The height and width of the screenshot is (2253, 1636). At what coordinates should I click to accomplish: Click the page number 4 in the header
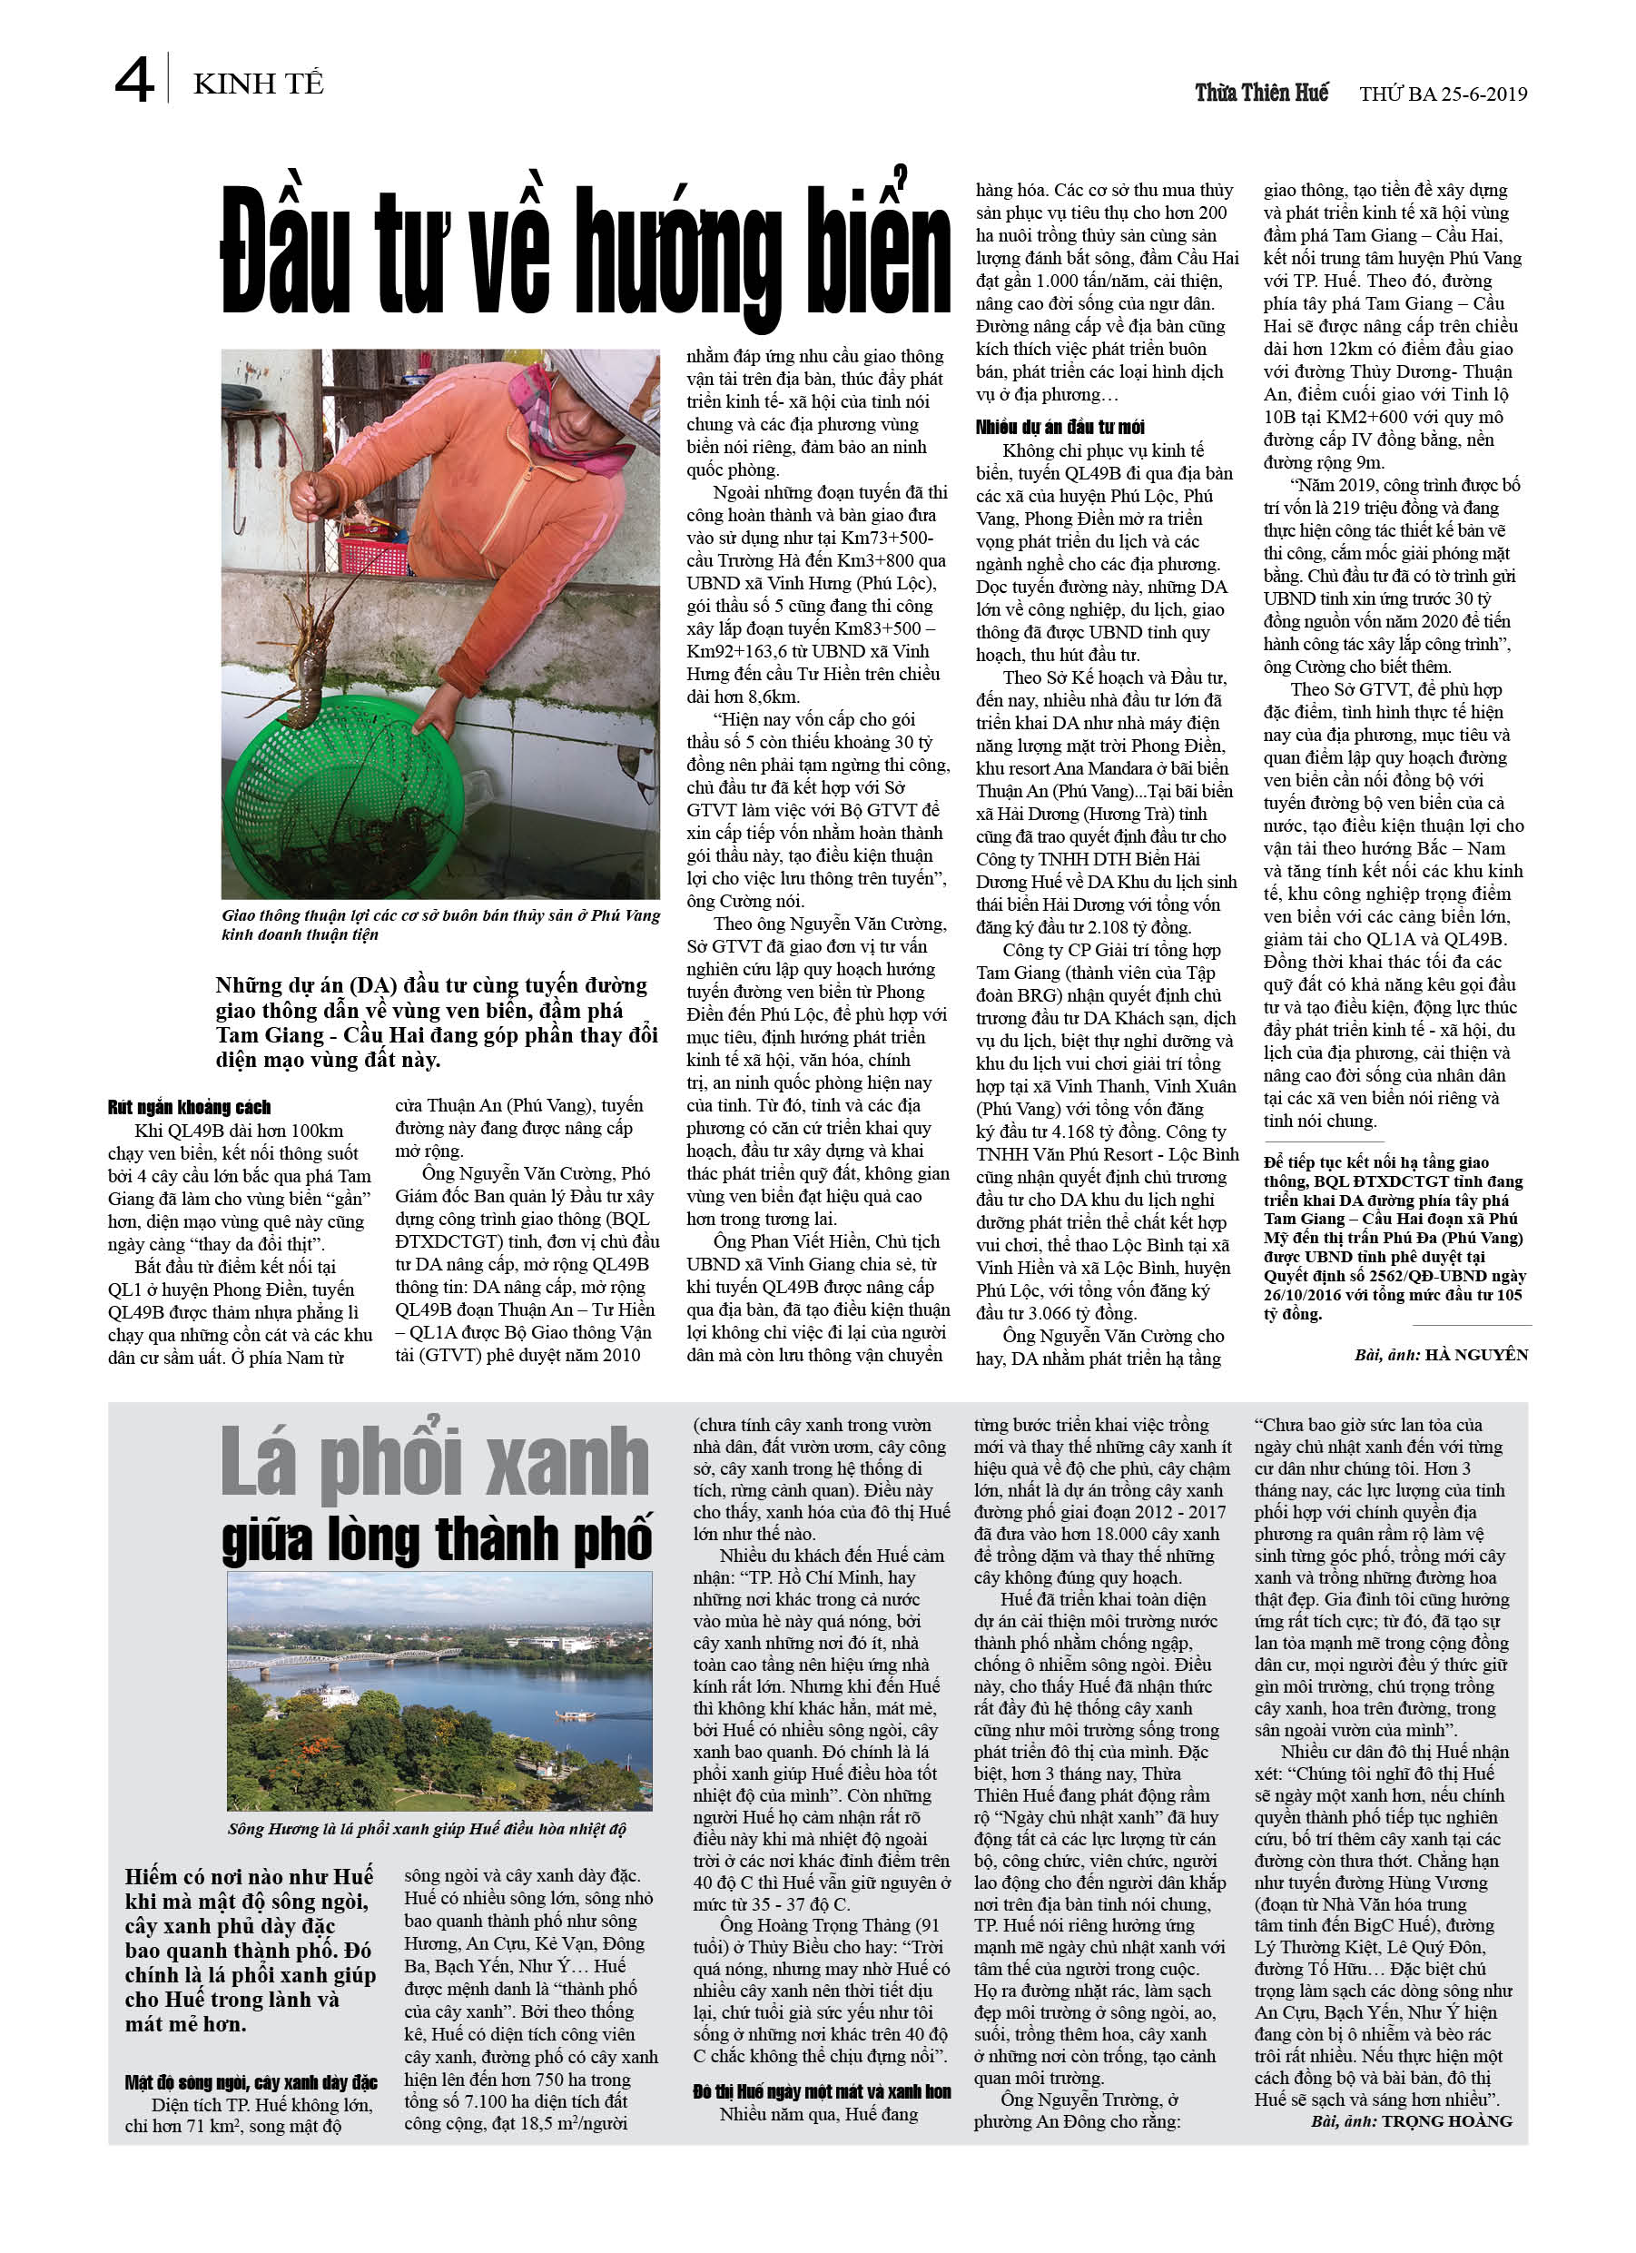(x=134, y=81)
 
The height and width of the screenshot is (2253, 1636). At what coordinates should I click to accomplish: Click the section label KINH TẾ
(x=258, y=84)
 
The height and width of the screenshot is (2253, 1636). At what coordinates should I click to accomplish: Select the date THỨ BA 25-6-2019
(x=1443, y=94)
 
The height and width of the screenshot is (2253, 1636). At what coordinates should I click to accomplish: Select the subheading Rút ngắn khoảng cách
(x=189, y=1108)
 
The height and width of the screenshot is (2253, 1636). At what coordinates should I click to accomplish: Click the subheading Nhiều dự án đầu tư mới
(x=1059, y=427)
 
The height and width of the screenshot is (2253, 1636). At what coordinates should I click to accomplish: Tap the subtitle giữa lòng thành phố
(x=437, y=1540)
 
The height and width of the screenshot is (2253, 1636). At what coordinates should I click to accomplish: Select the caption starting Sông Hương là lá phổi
(x=427, y=1829)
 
